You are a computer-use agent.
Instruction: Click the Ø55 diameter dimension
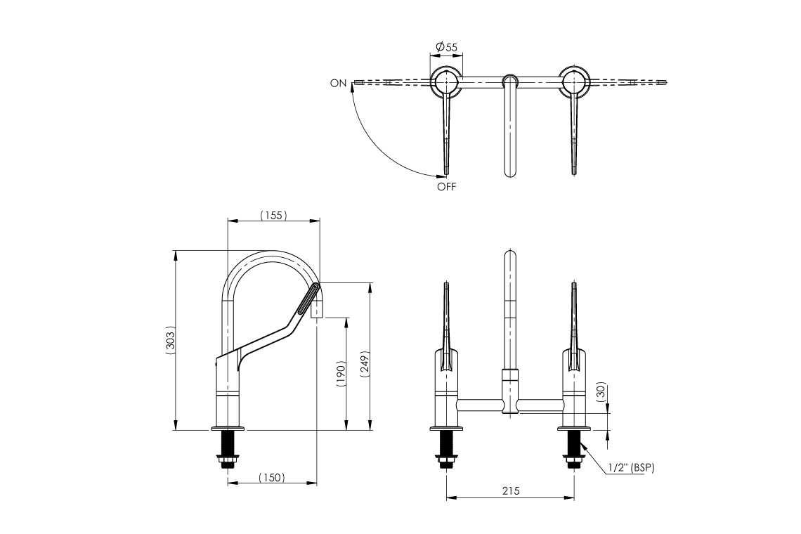pyautogui.click(x=446, y=47)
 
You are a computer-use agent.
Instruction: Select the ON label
pyautogui.click(x=338, y=83)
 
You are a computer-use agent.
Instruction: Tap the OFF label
pyautogui.click(x=446, y=187)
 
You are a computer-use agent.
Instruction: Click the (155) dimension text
pyautogui.click(x=273, y=215)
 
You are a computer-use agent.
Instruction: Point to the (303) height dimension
pyautogui.click(x=169, y=340)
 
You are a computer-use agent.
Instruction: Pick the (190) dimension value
pyautogui.click(x=341, y=375)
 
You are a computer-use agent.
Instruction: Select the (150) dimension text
pyautogui.click(x=271, y=478)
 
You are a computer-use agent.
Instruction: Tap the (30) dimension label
pyautogui.click(x=601, y=391)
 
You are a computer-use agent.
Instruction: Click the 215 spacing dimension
pyautogui.click(x=511, y=492)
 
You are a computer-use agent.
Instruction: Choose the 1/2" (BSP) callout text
pyautogui.click(x=631, y=467)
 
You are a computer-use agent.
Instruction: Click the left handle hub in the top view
pyautogui.click(x=446, y=83)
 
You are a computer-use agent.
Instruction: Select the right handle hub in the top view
pyautogui.click(x=575, y=83)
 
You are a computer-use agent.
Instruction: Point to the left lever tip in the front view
pyautogui.click(x=446, y=285)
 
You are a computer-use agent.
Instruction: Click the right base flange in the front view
pyautogui.click(x=575, y=428)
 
